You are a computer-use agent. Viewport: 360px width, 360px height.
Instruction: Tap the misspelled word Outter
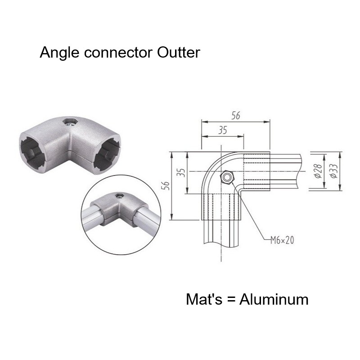179,53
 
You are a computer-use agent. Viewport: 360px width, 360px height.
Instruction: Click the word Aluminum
274,299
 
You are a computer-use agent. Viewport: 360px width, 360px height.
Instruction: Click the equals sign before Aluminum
233,300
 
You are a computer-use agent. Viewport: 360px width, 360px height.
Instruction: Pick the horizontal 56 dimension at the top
235,115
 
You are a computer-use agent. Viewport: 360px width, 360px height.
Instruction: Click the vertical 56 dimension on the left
165,185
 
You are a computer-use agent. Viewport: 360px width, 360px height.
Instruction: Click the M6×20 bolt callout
282,240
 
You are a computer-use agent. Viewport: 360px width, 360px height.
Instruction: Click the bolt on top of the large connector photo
70,121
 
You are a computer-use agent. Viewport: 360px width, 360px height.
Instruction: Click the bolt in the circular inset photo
120,196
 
